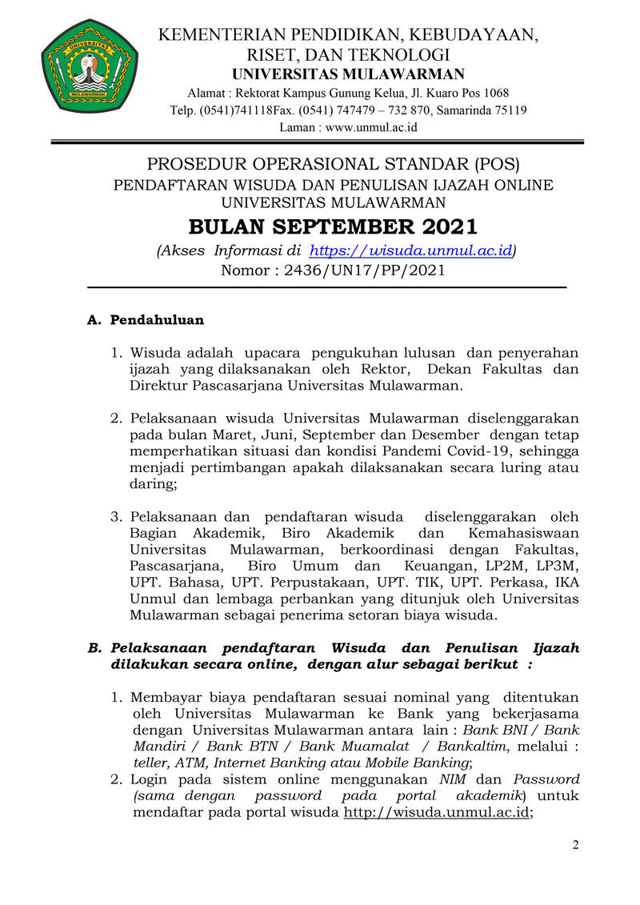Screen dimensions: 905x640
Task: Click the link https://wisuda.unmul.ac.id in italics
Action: [410, 250]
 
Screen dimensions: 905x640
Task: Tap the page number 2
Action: [574, 847]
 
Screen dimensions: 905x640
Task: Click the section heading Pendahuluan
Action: [157, 320]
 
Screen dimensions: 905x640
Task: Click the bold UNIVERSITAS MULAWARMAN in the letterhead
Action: [348, 74]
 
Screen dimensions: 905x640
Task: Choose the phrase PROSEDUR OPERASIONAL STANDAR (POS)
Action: [333, 165]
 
